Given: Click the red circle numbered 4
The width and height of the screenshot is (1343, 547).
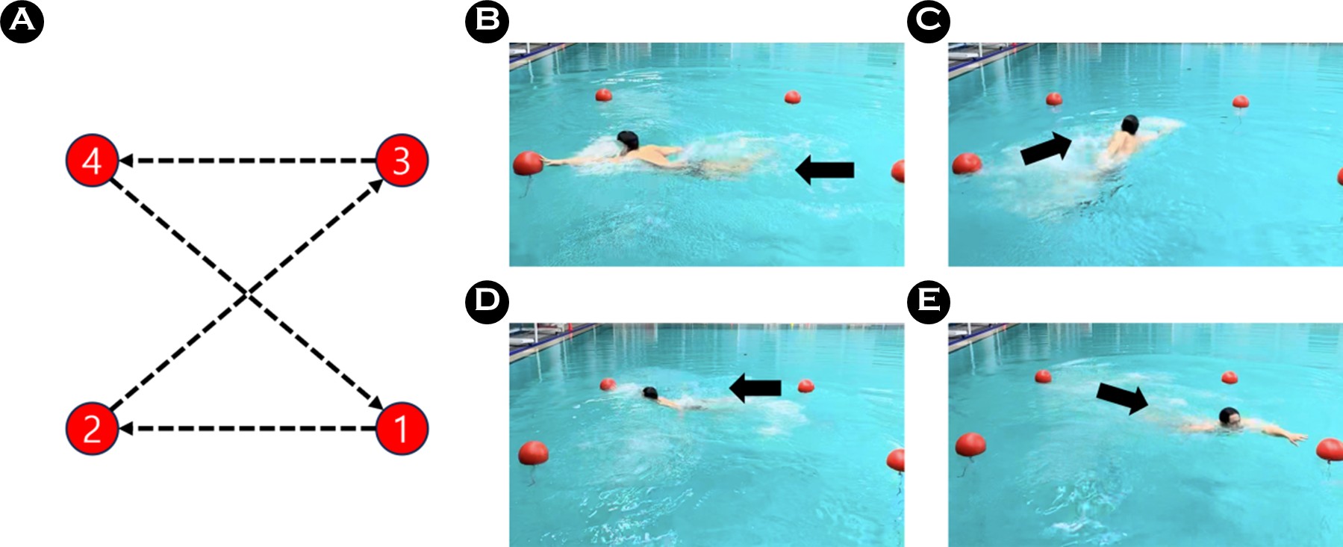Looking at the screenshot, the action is (92, 161).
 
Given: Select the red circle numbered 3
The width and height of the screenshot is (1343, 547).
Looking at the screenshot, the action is (402, 161).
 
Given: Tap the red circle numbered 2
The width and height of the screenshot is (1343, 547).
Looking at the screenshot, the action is (92, 429).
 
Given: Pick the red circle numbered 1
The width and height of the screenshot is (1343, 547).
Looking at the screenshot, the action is (402, 429).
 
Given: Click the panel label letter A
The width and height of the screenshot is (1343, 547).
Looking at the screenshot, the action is (22, 21).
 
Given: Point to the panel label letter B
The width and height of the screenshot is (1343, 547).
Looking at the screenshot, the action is (487, 21).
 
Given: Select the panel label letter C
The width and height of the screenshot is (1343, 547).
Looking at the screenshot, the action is (929, 21).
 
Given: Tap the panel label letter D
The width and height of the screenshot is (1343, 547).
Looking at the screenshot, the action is (487, 302).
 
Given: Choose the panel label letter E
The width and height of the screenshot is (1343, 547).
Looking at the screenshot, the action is (929, 302).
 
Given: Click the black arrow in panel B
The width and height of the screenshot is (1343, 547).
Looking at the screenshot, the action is (824, 170).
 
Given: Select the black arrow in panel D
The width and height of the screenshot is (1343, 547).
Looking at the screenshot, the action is (755, 388).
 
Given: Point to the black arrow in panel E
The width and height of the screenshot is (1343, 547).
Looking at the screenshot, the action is (1122, 398).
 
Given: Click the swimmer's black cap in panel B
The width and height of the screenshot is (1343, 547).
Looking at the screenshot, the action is (628, 140).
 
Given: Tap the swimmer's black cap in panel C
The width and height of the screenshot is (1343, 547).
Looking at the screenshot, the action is (1129, 124).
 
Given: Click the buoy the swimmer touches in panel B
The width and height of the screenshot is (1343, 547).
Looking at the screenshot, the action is (528, 164).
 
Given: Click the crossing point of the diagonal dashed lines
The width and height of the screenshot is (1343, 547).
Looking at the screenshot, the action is (247, 296).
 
